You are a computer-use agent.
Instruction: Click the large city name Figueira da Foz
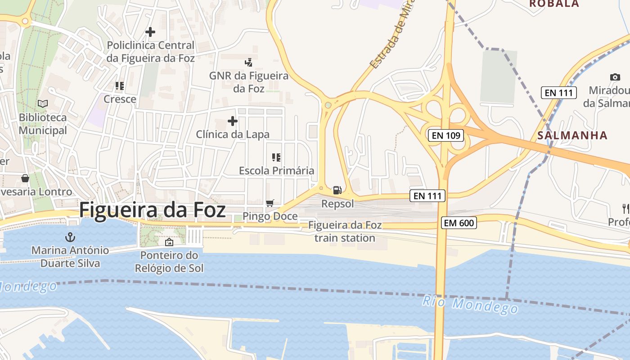pyautogui.click(x=153, y=211)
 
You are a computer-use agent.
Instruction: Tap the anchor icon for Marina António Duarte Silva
pyautogui.click(x=70, y=237)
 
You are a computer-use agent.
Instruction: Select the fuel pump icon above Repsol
pyautogui.click(x=337, y=190)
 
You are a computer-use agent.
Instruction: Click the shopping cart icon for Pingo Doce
pyautogui.click(x=270, y=203)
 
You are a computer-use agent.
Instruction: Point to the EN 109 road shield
pyautogui.click(x=445, y=135)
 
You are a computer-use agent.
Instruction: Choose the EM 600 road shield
pyautogui.click(x=459, y=222)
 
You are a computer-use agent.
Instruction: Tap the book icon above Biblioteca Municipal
pyautogui.click(x=43, y=104)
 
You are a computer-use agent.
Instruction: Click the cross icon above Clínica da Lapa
pyautogui.click(x=233, y=121)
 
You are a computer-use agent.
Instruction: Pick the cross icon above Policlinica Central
pyautogui.click(x=150, y=32)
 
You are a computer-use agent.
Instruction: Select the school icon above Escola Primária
pyautogui.click(x=276, y=157)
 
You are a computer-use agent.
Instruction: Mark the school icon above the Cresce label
pyautogui.click(x=120, y=85)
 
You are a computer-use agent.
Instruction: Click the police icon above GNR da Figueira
pyautogui.click(x=248, y=62)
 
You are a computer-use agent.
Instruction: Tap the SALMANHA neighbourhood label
pyautogui.click(x=572, y=135)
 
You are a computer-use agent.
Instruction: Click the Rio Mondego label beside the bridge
pyautogui.click(x=470, y=305)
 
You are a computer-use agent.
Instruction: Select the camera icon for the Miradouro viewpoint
pyautogui.click(x=615, y=77)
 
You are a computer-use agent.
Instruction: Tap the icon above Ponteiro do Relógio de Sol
pyautogui.click(x=169, y=243)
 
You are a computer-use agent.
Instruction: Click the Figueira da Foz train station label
pyautogui.click(x=345, y=231)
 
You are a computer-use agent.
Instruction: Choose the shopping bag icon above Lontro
pyautogui.click(x=25, y=178)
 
